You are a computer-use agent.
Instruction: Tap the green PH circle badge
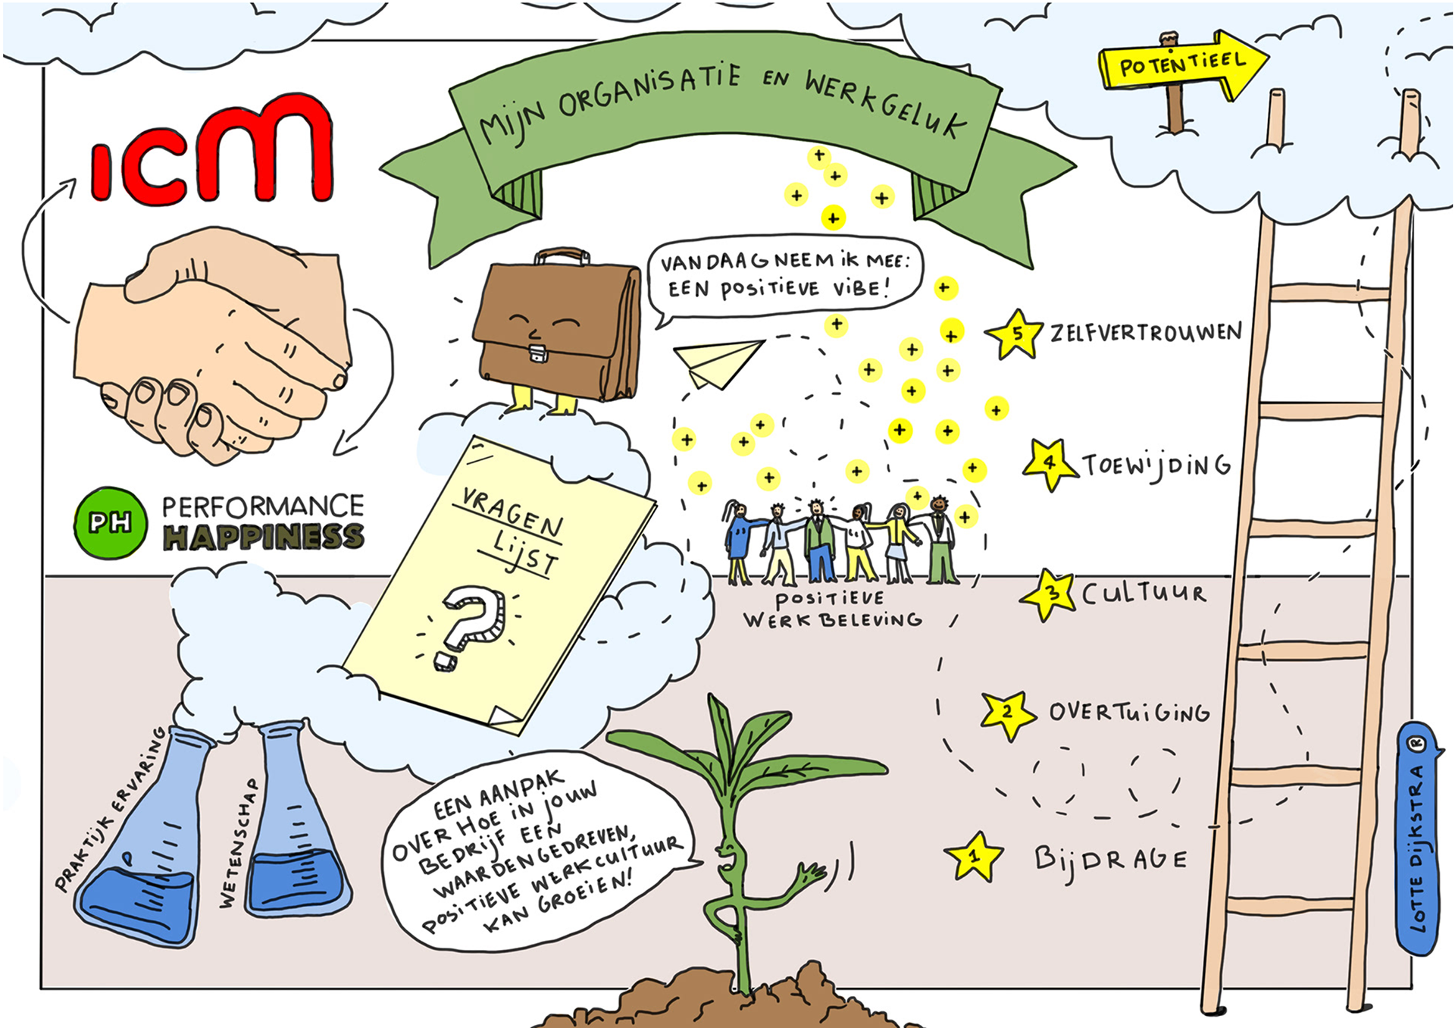111,523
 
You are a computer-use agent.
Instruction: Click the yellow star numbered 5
1015,334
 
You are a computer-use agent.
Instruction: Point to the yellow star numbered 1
974,857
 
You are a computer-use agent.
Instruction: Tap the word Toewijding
1156,465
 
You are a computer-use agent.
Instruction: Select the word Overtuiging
1129,712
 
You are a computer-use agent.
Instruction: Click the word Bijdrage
1111,859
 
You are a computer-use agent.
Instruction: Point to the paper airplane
716,362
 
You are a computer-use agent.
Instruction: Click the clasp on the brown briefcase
538,353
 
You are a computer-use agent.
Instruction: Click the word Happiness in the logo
264,537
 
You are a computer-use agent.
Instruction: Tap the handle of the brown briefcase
562,255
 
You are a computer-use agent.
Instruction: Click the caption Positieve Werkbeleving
831,609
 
